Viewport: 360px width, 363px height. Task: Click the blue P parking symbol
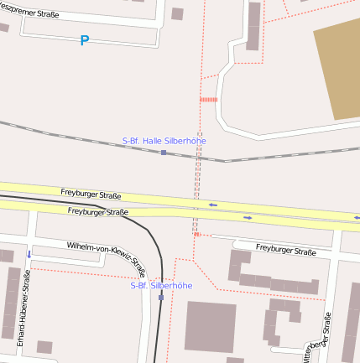[x=84, y=40]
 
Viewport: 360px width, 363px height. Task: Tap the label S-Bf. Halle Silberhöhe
[x=164, y=141]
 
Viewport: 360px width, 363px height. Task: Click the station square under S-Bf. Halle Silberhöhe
[x=164, y=153]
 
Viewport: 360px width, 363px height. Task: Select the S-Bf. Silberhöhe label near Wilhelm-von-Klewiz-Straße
[x=161, y=285]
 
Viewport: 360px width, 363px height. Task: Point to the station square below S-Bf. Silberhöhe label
[x=161, y=297]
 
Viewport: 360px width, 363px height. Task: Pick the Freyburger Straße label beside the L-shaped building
[x=285, y=250]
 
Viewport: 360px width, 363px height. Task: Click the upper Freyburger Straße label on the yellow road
[x=93, y=194]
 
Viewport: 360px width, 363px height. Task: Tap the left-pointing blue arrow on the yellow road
[x=213, y=205]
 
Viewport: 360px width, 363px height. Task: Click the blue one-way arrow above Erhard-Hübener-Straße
[x=29, y=254]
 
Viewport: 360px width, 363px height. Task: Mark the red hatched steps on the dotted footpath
[x=208, y=99]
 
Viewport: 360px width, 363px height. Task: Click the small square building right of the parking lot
[x=177, y=13]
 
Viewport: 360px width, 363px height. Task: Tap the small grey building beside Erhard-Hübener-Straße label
[x=44, y=347]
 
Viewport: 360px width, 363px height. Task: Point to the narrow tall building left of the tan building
[x=253, y=26]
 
